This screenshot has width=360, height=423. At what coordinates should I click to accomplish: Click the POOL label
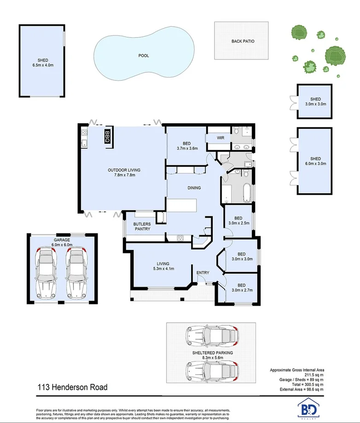pyautogui.click(x=144, y=56)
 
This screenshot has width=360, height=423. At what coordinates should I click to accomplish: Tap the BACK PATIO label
pyautogui.click(x=243, y=41)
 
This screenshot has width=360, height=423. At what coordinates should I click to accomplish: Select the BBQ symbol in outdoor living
pyautogui.click(x=107, y=137)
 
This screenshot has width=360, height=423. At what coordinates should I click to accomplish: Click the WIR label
pyautogui.click(x=214, y=138)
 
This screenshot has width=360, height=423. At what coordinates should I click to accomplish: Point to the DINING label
pyautogui.click(x=194, y=188)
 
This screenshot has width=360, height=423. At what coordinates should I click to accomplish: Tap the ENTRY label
pyautogui.click(x=203, y=273)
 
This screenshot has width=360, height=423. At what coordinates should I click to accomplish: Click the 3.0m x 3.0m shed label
pyautogui.click(x=315, y=104)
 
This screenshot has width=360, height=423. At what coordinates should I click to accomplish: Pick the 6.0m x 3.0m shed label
pyautogui.click(x=315, y=163)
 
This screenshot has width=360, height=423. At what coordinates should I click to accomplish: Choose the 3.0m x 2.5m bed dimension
pyautogui.click(x=238, y=223)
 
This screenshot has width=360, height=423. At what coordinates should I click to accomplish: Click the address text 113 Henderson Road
pyautogui.click(x=72, y=387)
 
